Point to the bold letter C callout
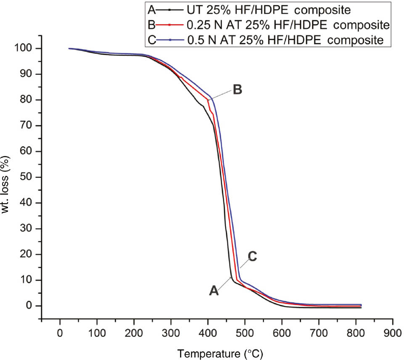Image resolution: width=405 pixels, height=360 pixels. pos(252,257)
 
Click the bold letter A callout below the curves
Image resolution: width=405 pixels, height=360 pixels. pos(214,290)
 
